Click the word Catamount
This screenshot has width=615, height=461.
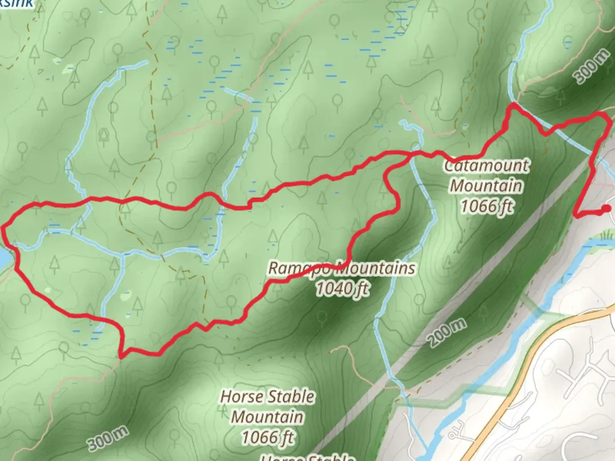[486, 166]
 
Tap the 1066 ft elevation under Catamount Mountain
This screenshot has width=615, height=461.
[486, 207]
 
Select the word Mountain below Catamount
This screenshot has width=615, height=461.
[486, 186]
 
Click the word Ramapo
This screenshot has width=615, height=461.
[298, 268]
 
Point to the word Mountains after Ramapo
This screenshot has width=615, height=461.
[376, 268]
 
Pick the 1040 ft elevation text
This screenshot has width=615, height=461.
[343, 289]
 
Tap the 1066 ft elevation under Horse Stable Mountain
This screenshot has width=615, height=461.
[268, 438]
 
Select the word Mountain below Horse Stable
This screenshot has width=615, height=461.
[268, 417]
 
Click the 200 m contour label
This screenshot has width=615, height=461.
[447, 333]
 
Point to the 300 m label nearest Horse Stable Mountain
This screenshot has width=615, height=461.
[108, 439]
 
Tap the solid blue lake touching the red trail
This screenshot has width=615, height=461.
[3, 258]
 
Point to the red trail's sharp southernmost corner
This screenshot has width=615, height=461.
[122, 356]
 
